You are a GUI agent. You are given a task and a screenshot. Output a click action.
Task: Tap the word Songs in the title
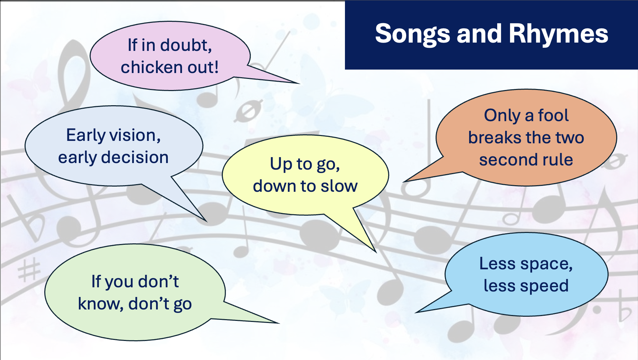[x=413, y=34]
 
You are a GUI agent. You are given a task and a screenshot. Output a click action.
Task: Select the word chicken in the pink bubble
[x=152, y=67]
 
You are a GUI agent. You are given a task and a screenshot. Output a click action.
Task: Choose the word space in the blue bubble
[x=546, y=264]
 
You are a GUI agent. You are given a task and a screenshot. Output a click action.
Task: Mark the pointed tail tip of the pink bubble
[x=300, y=83]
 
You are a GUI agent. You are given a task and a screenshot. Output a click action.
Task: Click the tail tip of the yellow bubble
[x=376, y=252]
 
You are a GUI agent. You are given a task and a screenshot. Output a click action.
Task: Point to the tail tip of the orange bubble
[x=403, y=182]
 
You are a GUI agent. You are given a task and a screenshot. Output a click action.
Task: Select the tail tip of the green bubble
[x=279, y=323]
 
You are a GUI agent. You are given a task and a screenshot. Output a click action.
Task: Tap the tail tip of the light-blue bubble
[x=416, y=313]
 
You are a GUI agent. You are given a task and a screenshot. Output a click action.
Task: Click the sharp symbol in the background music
[x=29, y=270]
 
